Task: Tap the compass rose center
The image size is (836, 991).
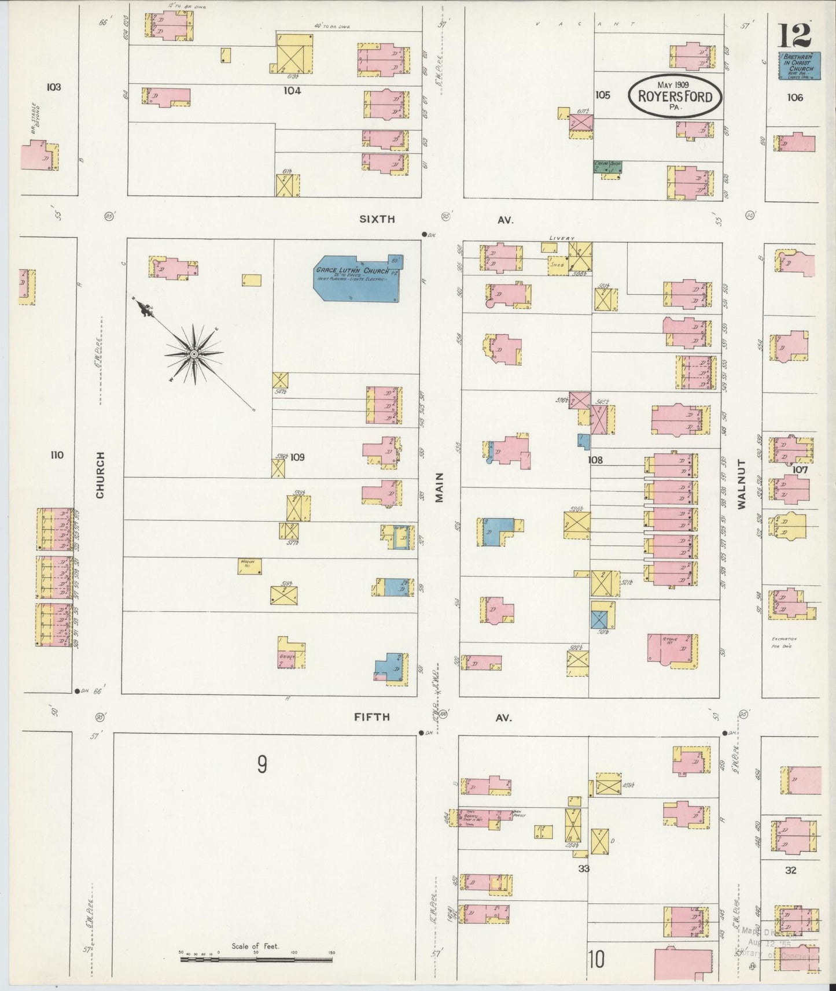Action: pos(194,354)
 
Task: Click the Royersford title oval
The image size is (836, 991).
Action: pos(675,96)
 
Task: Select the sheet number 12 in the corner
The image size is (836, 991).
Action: pos(794,36)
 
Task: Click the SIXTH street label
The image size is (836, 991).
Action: pos(377,219)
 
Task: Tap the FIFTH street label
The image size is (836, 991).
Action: pos(371,718)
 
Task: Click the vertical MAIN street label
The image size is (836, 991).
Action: pos(439,487)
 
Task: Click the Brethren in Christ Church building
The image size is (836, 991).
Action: pos(798,65)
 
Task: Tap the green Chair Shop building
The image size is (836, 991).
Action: pos(607,167)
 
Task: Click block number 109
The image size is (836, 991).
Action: pos(297,457)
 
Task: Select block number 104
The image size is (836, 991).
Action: pos(292,91)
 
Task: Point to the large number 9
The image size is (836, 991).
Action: pos(262,765)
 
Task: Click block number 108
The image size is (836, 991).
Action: pos(595,460)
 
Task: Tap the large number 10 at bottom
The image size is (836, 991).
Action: pos(596,959)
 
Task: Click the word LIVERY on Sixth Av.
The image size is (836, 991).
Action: pos(562,238)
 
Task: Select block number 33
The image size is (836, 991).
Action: pos(583,868)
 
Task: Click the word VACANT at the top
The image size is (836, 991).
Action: pos(585,24)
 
